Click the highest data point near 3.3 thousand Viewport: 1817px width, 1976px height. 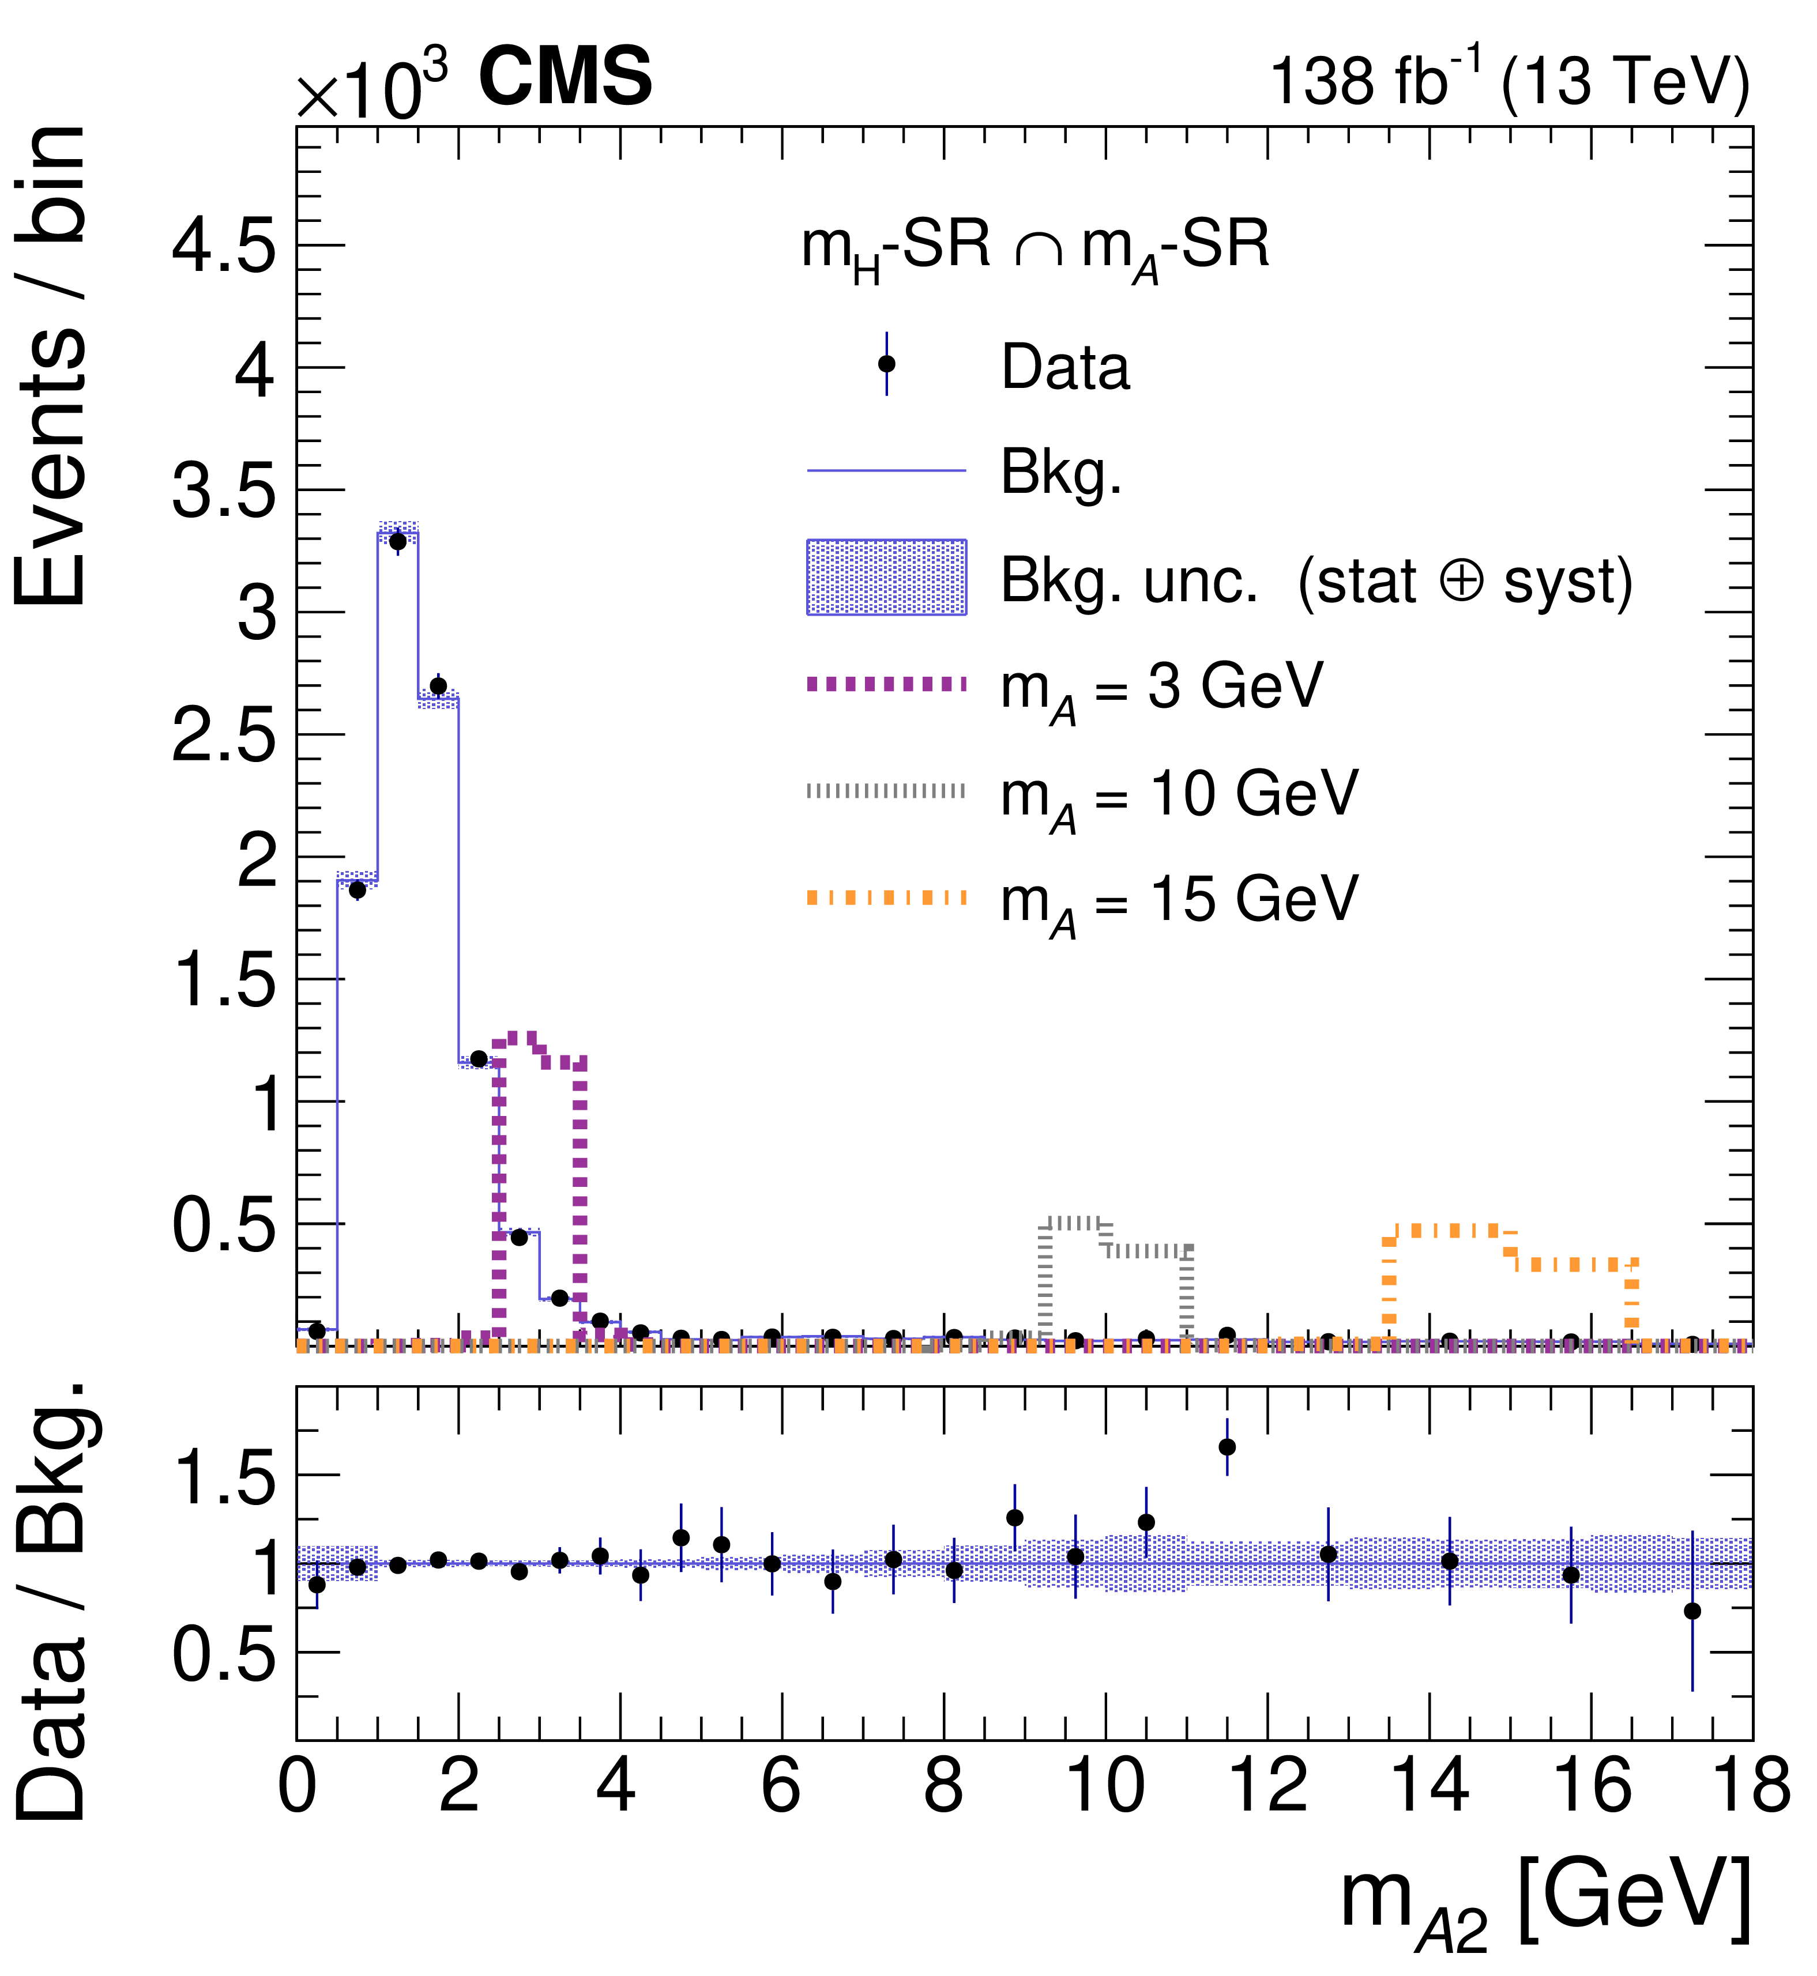[397, 541]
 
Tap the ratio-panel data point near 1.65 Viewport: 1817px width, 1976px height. [1227, 1447]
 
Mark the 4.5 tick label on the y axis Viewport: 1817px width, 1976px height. [224, 246]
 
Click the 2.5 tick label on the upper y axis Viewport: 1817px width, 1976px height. [224, 736]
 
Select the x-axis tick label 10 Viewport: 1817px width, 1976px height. [1106, 1785]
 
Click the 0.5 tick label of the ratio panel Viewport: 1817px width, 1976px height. [224, 1654]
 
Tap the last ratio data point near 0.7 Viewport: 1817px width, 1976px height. [1692, 1611]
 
